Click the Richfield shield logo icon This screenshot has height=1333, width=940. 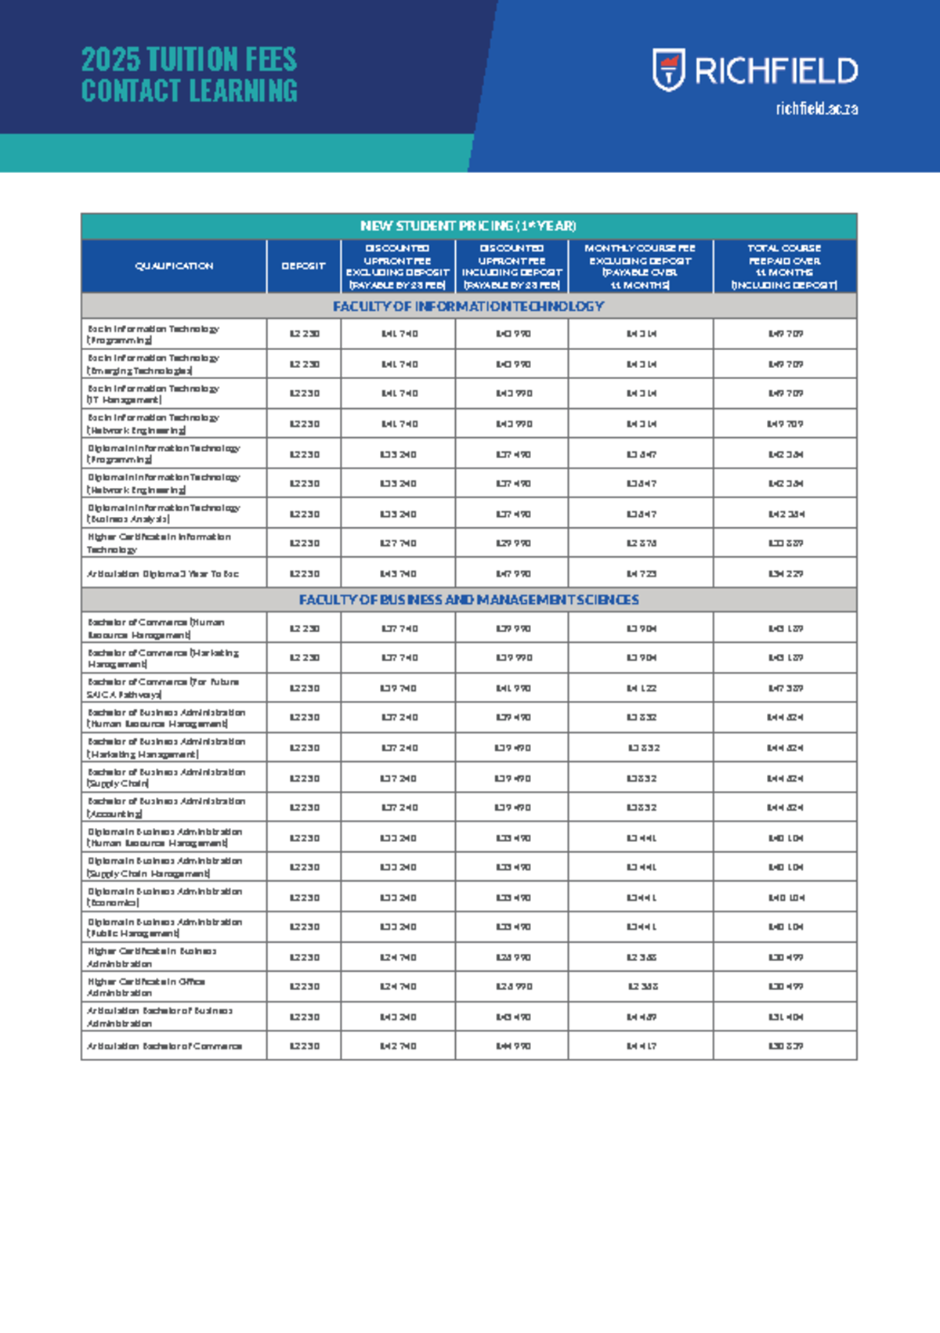tap(669, 70)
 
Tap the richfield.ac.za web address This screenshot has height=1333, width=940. tap(816, 109)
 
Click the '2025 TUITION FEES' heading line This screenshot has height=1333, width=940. tap(189, 60)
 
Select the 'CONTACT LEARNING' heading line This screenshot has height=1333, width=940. tap(189, 91)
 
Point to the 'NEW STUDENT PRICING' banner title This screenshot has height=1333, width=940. tap(468, 226)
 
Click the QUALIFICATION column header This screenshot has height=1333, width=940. tap(173, 266)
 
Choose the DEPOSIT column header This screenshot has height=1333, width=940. tap(303, 266)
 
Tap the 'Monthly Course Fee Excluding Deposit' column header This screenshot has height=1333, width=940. tap(640, 266)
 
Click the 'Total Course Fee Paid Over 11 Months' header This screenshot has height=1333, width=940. tap(784, 266)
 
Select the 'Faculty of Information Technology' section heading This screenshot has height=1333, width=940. tap(468, 306)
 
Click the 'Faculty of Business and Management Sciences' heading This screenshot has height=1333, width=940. tap(468, 600)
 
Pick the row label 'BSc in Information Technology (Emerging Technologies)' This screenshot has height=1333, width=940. tap(154, 364)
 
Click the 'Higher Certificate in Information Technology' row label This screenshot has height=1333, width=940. tap(158, 543)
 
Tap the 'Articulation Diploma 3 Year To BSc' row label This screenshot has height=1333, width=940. tap(163, 574)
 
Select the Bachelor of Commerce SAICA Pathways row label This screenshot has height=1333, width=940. tap(163, 688)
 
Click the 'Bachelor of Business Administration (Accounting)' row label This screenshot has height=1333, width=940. tap(166, 807)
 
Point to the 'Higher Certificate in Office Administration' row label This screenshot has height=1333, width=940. tap(146, 987)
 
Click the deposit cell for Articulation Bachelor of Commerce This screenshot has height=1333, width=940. tap(304, 1046)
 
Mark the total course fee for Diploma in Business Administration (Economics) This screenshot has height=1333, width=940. tap(785, 898)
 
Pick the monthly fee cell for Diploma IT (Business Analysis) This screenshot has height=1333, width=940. tap(641, 514)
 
